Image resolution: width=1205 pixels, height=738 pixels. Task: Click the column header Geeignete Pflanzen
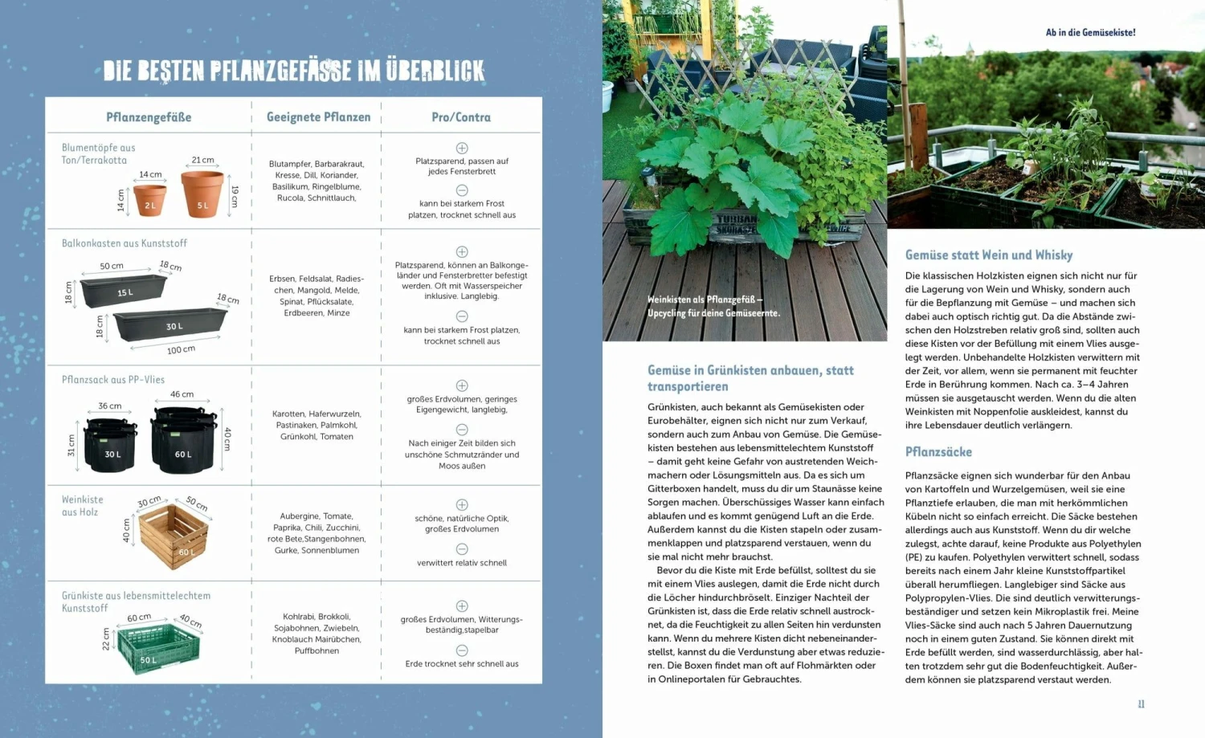[318, 117]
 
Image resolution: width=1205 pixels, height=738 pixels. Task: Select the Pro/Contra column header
[461, 117]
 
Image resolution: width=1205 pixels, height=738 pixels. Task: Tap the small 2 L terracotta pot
[149, 200]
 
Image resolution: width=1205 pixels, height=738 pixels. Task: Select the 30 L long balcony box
[171, 324]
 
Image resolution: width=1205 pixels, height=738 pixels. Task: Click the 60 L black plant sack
[184, 440]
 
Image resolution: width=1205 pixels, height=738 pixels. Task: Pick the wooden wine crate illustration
[174, 536]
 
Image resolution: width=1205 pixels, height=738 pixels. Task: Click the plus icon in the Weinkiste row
[462, 505]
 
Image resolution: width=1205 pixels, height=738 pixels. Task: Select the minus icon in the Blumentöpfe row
[462, 190]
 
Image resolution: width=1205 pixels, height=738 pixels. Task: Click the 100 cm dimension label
[181, 350]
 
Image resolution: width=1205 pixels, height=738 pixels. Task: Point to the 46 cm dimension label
[182, 394]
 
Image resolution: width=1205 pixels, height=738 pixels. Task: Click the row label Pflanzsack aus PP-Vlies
[113, 380]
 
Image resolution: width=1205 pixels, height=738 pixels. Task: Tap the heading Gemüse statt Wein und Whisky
[988, 255]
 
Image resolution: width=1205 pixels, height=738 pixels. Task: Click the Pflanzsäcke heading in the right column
[938, 452]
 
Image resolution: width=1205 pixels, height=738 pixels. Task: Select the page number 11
[1141, 704]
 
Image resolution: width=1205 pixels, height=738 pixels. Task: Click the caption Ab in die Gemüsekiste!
[1090, 33]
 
